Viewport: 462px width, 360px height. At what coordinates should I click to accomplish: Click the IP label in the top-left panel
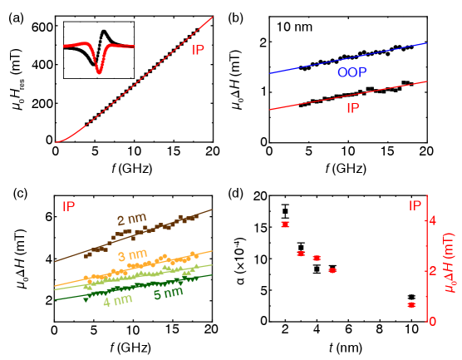pyautogui.click(x=198, y=50)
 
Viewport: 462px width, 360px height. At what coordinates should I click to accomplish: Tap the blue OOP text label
pyautogui.click(x=352, y=73)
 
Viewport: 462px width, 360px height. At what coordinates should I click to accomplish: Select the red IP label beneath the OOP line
pyautogui.click(x=352, y=108)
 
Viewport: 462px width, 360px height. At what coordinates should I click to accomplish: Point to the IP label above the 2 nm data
pyautogui.click(x=69, y=205)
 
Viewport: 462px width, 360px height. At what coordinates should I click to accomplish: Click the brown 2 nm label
pyautogui.click(x=131, y=220)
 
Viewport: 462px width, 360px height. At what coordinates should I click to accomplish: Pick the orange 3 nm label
pyautogui.click(x=133, y=254)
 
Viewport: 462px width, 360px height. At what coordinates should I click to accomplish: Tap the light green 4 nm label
pyautogui.click(x=118, y=301)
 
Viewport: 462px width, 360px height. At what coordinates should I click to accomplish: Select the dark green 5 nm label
pyautogui.click(x=169, y=293)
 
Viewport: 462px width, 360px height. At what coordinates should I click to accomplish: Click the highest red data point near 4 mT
pyautogui.click(x=285, y=224)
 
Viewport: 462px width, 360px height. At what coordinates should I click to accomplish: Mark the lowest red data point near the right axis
pyautogui.click(x=410, y=305)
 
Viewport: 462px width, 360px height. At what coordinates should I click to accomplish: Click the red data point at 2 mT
pyautogui.click(x=332, y=270)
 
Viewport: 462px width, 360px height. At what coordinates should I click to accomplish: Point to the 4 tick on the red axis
pyautogui.click(x=432, y=220)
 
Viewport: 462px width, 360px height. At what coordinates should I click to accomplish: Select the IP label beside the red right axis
pyautogui.click(x=415, y=205)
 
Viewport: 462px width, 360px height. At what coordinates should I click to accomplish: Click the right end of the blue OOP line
pyautogui.click(x=427, y=43)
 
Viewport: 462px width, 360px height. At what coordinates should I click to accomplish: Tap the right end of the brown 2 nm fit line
pyautogui.click(x=212, y=210)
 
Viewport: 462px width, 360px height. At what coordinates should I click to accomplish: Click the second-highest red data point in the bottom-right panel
pyautogui.click(x=301, y=253)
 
